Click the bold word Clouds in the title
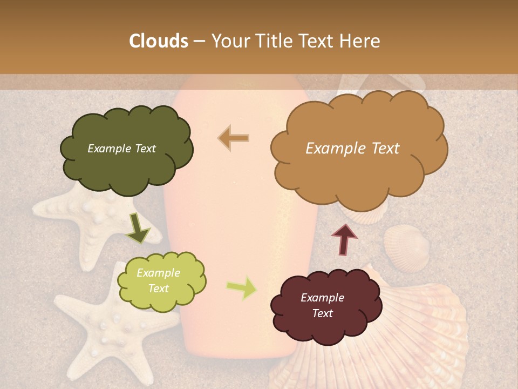(159, 41)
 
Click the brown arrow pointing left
(234, 138)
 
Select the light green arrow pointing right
(241, 288)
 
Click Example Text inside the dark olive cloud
(121, 149)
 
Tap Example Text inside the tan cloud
(352, 149)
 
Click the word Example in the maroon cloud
(322, 298)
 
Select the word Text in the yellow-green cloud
(159, 289)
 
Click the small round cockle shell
(406, 246)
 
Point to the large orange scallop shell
(426, 335)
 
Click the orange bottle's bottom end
(237, 346)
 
